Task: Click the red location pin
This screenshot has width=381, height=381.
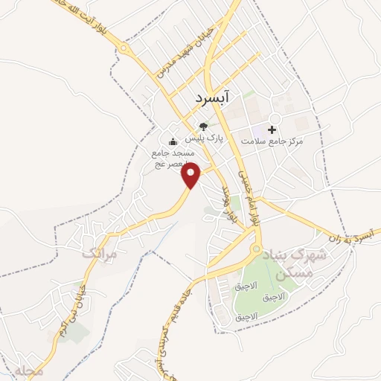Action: click(192, 174)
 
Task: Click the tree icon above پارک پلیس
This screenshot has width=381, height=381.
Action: click(203, 127)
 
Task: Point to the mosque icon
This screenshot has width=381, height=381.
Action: click(173, 141)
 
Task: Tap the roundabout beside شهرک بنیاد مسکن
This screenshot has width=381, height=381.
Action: click(257, 249)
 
